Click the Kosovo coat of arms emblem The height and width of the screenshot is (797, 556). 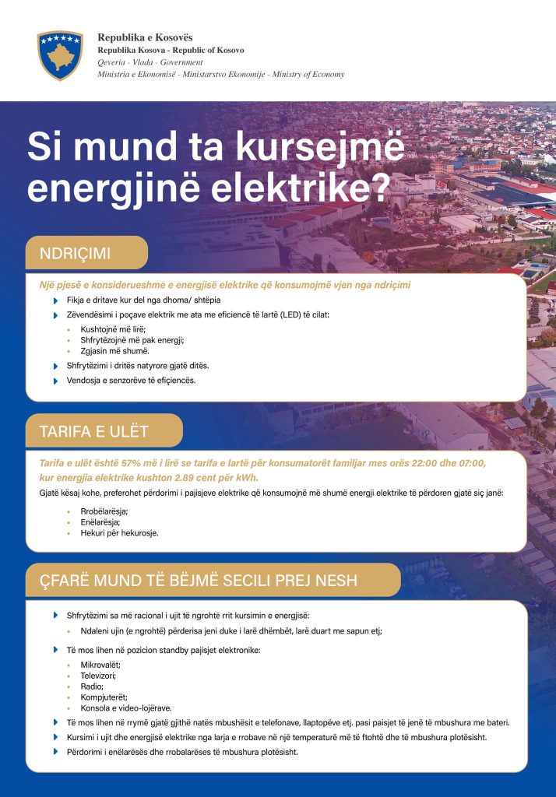click(60, 54)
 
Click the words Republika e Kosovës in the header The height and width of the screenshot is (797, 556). click(146, 37)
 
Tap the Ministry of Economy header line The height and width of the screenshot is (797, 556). click(221, 75)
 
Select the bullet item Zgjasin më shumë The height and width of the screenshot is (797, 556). click(109, 351)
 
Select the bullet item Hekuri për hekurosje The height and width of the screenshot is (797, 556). click(119, 533)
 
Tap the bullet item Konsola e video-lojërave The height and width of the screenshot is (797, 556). click(126, 707)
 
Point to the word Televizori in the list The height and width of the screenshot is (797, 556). click(99, 676)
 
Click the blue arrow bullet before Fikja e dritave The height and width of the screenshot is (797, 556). click(55, 300)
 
